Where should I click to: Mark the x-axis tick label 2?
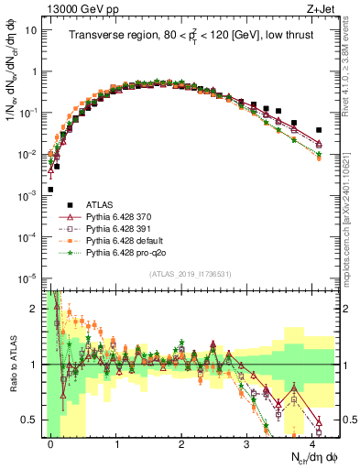click(181, 442)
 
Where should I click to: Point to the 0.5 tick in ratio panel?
click(33, 420)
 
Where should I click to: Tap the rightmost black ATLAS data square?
click(319, 130)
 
